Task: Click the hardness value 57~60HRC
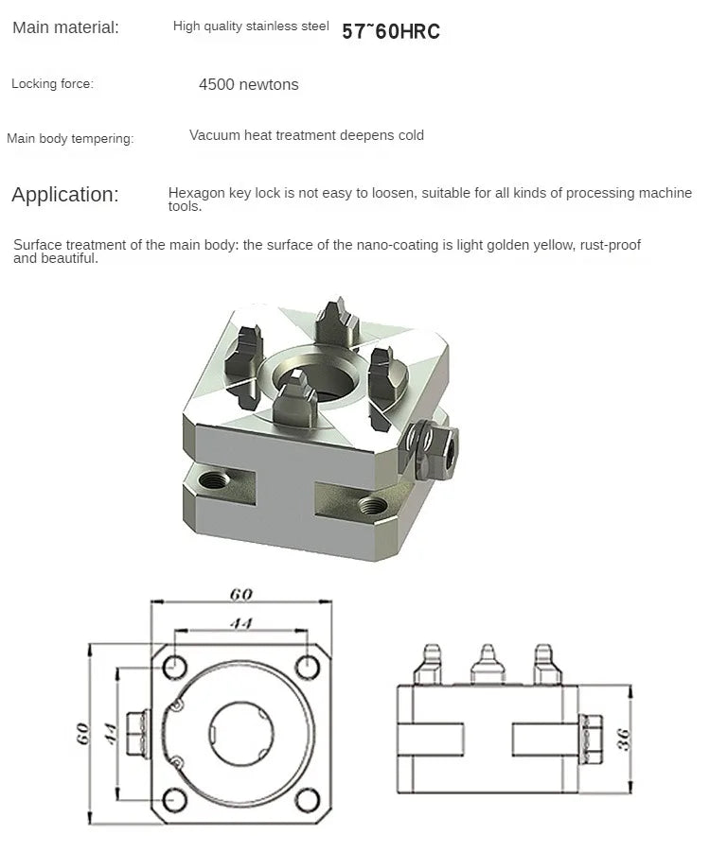[x=390, y=31]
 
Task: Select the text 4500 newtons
[x=248, y=85]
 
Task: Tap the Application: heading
[x=65, y=196]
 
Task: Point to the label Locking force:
[x=52, y=84]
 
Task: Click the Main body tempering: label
[x=70, y=139]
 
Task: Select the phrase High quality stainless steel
[x=251, y=26]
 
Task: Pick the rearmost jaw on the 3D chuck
[x=333, y=322]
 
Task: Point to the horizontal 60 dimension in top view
[x=240, y=595]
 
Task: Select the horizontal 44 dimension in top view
[x=240, y=623]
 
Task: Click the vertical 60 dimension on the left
[x=84, y=734]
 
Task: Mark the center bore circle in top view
[x=240, y=733]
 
